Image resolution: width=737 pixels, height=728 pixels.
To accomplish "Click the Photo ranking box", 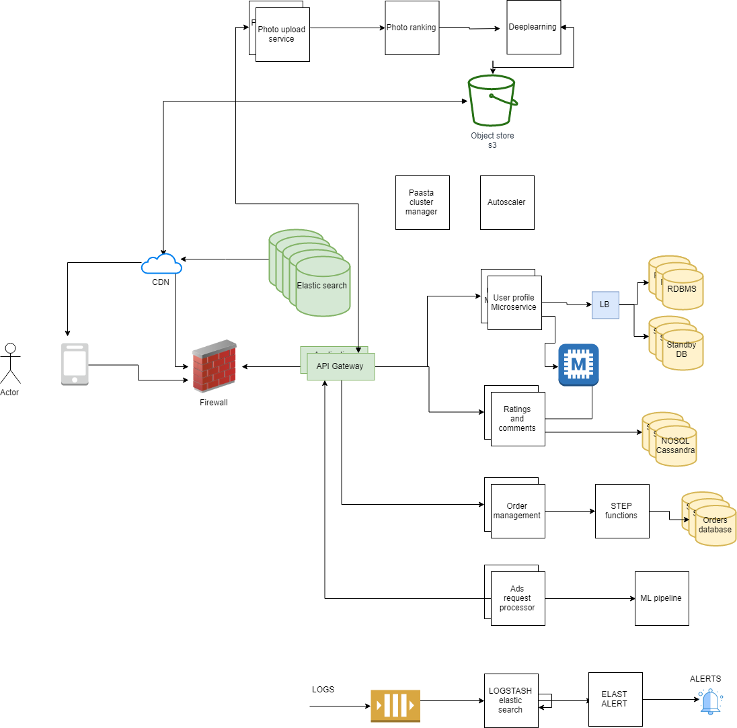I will coord(412,28).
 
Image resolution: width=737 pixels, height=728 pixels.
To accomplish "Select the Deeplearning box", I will coord(533,28).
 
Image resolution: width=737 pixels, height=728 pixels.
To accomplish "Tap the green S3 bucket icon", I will coord(492,101).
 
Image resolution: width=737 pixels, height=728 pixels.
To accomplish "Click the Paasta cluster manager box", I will coord(422,202).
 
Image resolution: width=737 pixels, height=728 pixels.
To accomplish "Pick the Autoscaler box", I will coord(507,202).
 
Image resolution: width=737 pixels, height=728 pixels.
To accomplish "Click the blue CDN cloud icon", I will coord(161,264).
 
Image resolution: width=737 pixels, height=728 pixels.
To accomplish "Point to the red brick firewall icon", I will coord(214,366).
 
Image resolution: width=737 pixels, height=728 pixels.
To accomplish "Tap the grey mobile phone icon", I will coord(75,364).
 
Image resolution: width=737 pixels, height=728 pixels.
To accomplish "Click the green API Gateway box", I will coord(340,366).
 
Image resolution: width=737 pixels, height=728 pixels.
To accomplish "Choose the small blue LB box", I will coord(605,305).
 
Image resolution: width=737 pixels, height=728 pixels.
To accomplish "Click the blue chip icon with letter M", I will coord(578,365).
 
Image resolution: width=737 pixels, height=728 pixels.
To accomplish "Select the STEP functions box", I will coord(622,511).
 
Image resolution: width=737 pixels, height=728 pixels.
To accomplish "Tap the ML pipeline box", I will coord(662,598).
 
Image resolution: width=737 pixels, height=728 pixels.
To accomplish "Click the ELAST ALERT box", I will coord(615,699).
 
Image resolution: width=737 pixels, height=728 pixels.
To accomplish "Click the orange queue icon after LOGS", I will coord(395,706).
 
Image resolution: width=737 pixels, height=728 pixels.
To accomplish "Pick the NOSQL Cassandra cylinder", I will coord(676,446).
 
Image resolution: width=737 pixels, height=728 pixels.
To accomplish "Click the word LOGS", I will coord(323,690).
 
